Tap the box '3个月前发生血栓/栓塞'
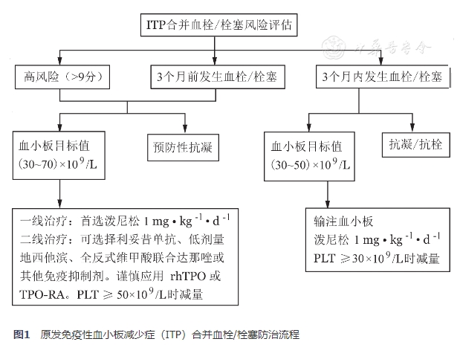[216, 77]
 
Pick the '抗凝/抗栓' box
[415, 143]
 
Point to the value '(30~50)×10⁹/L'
[311, 162]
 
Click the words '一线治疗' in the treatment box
[44, 222]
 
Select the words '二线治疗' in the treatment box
[44, 240]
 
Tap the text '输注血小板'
[346, 222]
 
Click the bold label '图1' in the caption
[22, 335]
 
